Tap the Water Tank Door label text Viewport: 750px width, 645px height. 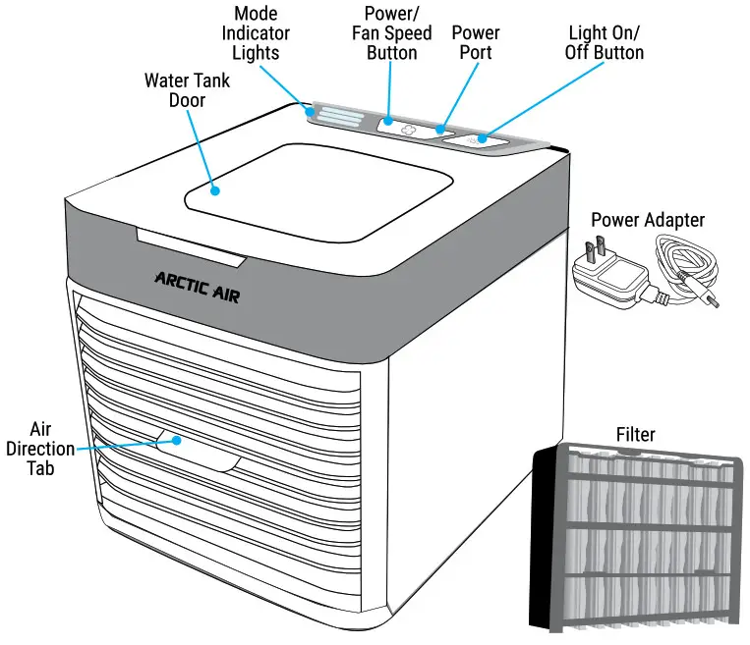tap(186, 89)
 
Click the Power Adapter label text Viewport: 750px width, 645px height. tap(647, 220)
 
